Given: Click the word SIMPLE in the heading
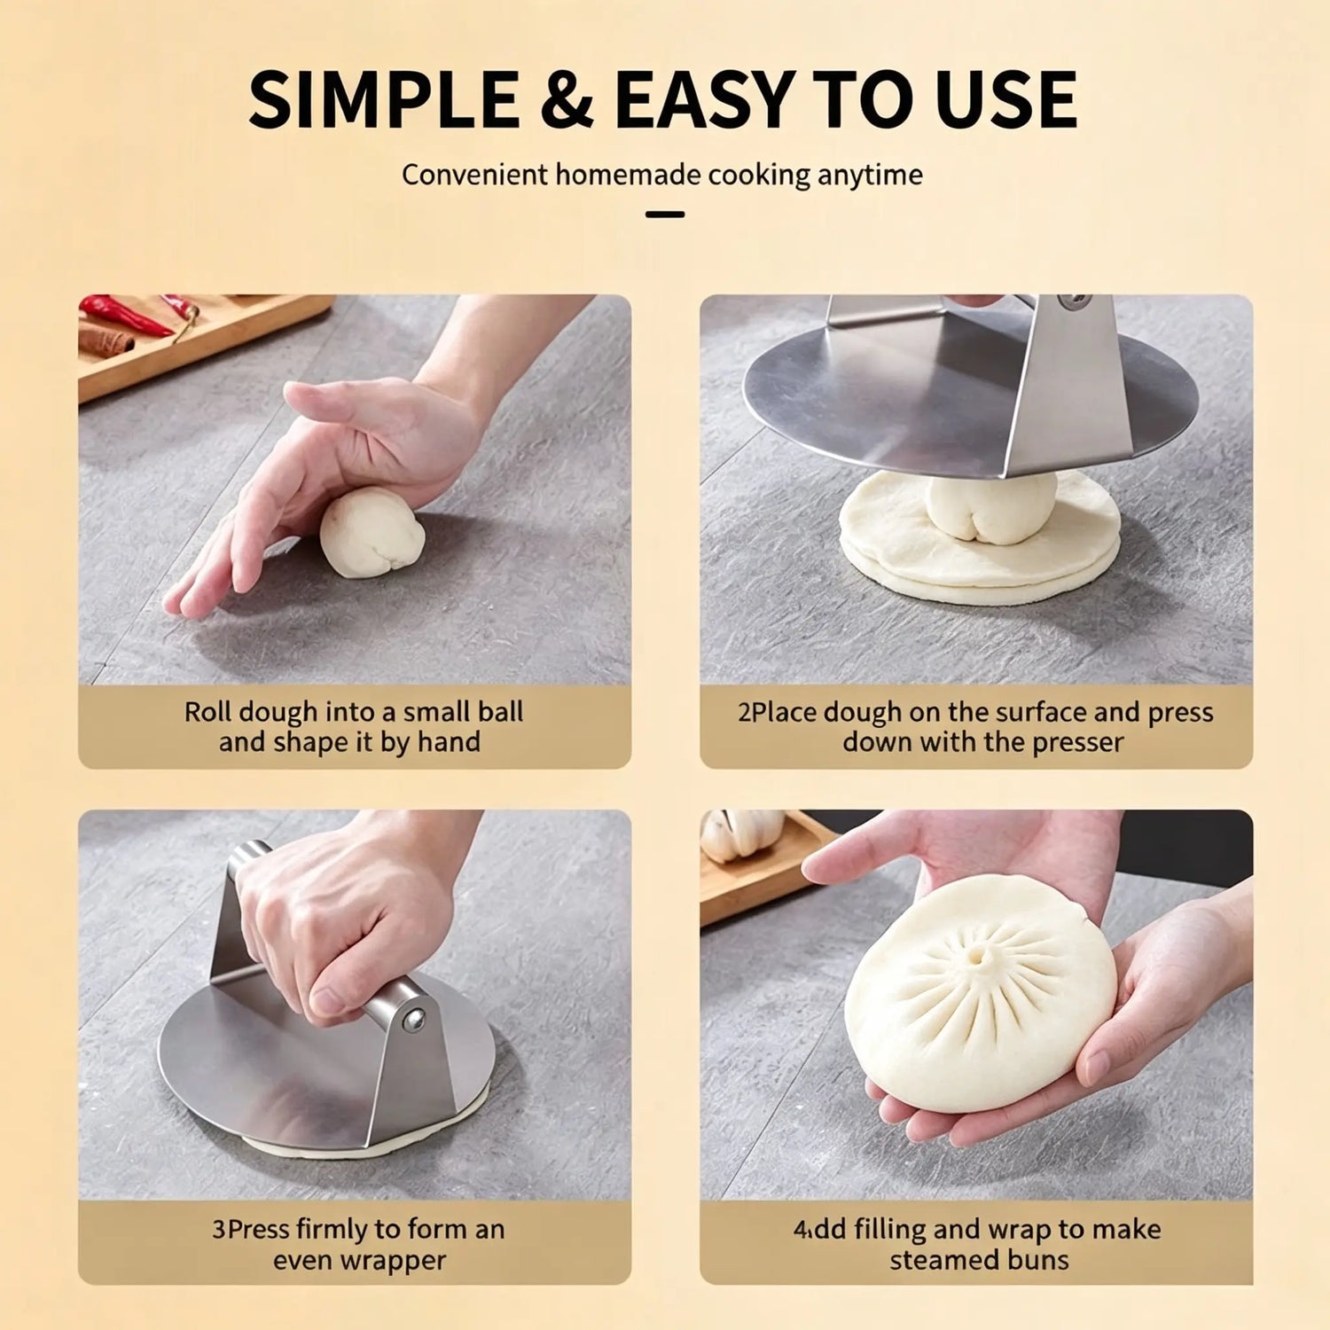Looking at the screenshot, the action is point(384,99).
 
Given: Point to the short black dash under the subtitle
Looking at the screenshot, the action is point(665,215).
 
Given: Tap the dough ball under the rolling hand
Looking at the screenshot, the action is point(372,531).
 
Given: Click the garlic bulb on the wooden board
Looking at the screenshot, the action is point(741,834).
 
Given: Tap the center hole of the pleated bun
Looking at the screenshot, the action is point(979,957).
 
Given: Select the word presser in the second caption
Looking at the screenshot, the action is point(1069,743).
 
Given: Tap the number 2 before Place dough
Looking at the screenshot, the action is point(744,713).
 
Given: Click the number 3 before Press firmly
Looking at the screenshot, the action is point(218,1230).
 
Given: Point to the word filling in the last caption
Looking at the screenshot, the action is point(889,1230).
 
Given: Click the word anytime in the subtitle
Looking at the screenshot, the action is point(870,176).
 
